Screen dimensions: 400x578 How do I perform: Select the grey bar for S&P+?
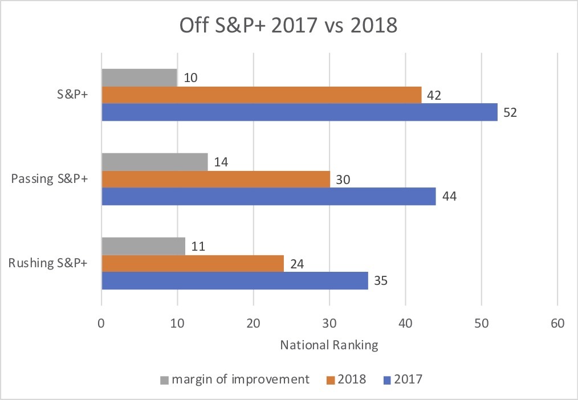pos(139,77)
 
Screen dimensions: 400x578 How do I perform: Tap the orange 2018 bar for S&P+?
pos(261,95)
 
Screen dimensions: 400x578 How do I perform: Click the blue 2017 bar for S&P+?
pos(299,112)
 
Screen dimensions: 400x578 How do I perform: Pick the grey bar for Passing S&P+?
pos(154,162)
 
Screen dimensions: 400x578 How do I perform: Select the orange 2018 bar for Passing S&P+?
pos(215,179)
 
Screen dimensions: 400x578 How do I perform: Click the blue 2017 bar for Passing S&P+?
pos(268,196)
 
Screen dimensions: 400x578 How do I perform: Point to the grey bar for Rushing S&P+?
pos(143,246)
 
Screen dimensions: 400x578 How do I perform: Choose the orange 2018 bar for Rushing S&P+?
pos(193,263)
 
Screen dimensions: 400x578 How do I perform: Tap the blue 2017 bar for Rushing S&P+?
pos(234,280)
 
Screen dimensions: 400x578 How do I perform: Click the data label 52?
pos(510,112)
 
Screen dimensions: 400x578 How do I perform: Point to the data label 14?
pos(220,162)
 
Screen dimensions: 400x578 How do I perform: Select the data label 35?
pos(380,281)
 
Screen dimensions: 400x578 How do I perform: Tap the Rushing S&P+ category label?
pos(48,264)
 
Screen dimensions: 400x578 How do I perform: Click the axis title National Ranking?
pos(329,345)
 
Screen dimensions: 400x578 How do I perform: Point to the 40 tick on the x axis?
pos(405,323)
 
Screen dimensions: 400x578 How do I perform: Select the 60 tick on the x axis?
pos(557,323)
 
